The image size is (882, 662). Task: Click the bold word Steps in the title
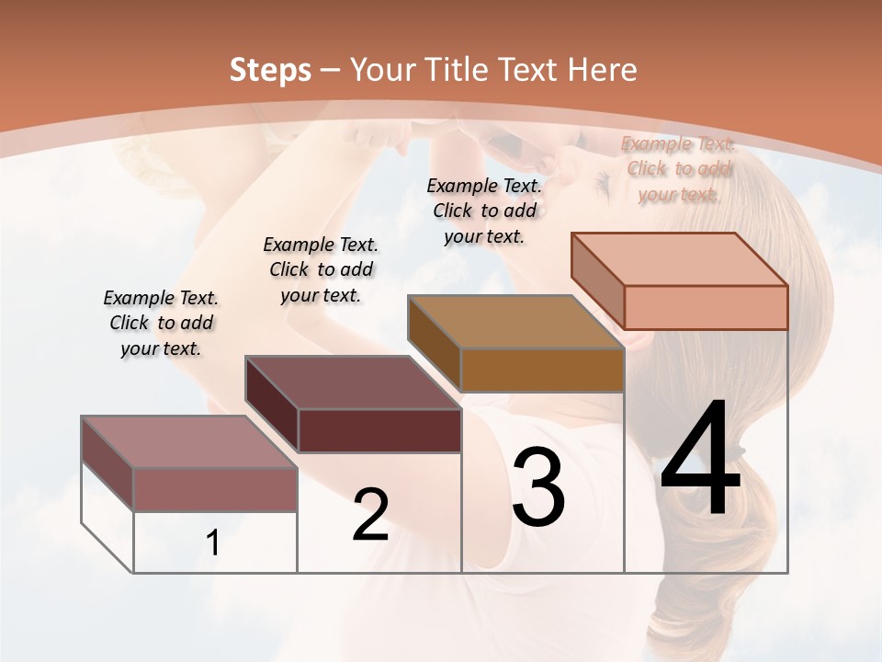coord(270,70)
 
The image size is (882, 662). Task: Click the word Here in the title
coord(603,70)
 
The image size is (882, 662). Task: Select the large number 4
coord(700,461)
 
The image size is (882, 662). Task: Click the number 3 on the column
coord(538,486)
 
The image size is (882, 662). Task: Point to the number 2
coord(370,515)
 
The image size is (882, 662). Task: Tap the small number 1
coord(213,543)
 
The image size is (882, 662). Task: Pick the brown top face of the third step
coord(514,321)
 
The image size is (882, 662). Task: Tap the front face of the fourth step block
coord(706,307)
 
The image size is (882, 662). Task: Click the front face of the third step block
coord(542,370)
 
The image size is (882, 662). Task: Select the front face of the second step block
coord(379,430)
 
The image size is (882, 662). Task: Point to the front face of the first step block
coord(215,489)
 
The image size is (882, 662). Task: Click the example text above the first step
coord(161,323)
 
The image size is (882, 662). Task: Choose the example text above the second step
coord(321,269)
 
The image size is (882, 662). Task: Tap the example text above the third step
coord(484,211)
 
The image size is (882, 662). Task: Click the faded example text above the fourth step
coord(679,168)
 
